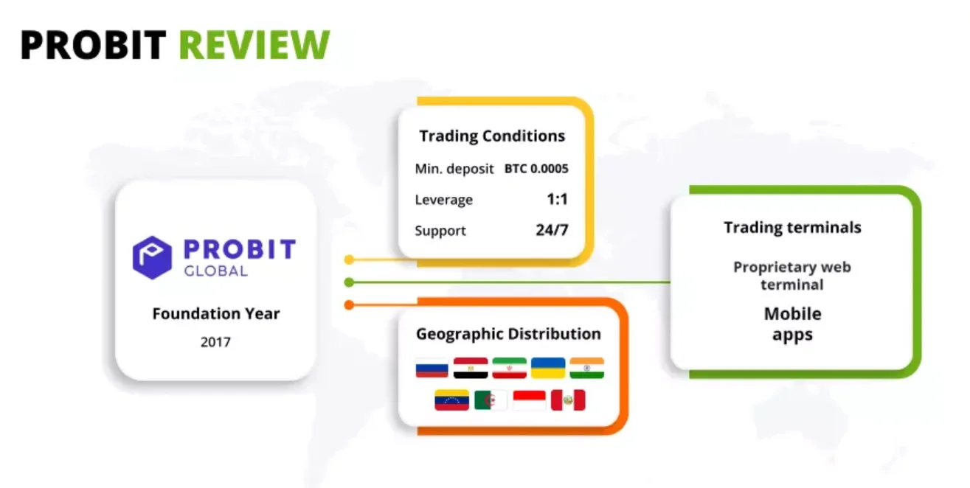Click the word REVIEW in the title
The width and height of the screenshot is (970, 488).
[x=254, y=45]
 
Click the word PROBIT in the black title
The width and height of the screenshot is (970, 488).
[x=93, y=45]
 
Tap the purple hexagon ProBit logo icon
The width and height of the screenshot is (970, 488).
[x=152, y=257]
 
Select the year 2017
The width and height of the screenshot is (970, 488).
[x=215, y=342]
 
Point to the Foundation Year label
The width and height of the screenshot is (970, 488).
[x=215, y=313]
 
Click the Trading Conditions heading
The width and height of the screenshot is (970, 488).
[x=492, y=136]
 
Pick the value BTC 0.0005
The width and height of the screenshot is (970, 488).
[x=536, y=169]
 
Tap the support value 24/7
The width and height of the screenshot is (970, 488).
[x=552, y=230]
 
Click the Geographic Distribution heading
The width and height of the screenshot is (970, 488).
[x=508, y=334]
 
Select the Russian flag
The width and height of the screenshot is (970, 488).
[x=432, y=368]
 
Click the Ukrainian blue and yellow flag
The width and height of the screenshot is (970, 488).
[x=548, y=368]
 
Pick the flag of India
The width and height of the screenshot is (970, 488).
[x=586, y=368]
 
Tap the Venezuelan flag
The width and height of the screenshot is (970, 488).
[x=451, y=400]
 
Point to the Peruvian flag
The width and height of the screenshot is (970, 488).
[x=568, y=400]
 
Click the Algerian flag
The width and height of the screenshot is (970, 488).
[x=491, y=400]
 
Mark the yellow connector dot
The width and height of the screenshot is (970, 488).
[x=350, y=259]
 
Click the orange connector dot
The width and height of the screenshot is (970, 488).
[x=350, y=304]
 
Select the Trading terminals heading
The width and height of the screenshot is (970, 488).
[x=792, y=228]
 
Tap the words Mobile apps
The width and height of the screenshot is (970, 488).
[x=792, y=324]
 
